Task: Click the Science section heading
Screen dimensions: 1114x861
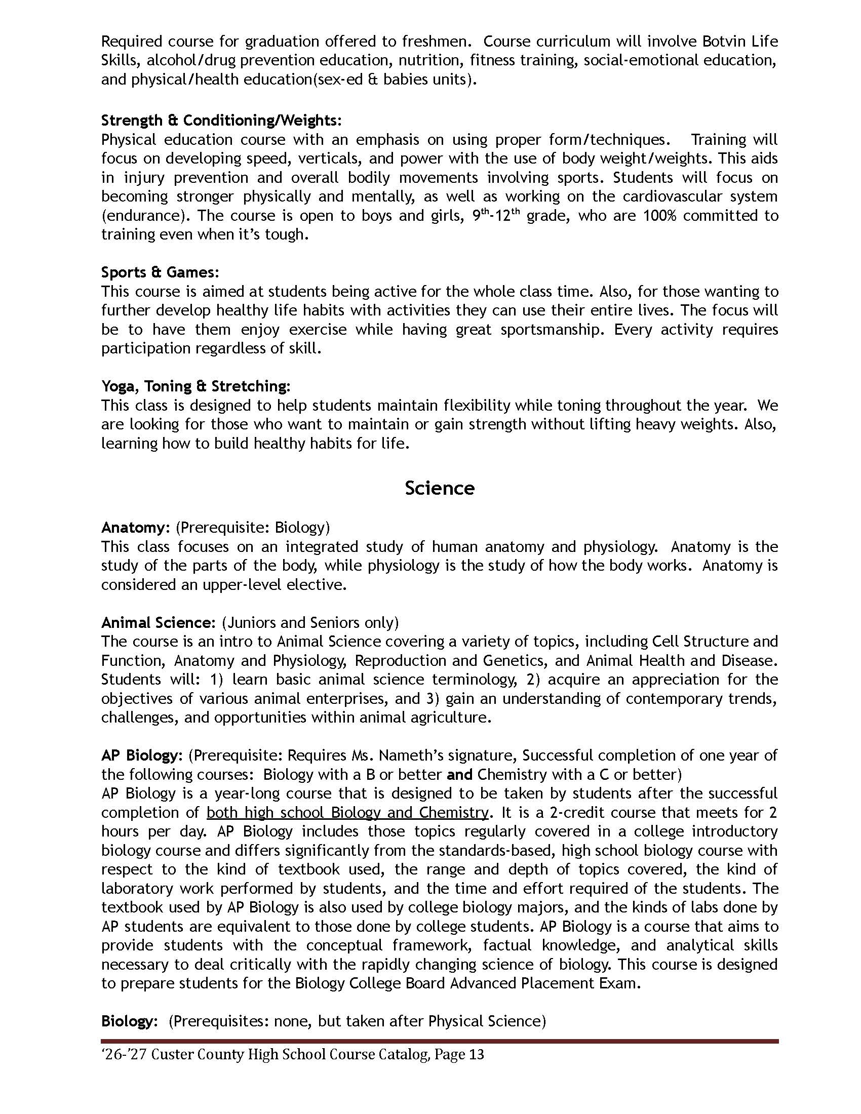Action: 439,488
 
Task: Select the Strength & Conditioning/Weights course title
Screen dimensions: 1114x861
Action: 221,121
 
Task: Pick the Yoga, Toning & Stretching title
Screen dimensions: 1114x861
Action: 195,386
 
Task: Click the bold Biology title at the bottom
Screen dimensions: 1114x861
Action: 127,1021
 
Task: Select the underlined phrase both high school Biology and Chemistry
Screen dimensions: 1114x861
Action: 347,812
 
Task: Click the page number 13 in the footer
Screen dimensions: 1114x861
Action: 475,1054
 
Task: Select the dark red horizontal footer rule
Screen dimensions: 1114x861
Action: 439,1041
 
